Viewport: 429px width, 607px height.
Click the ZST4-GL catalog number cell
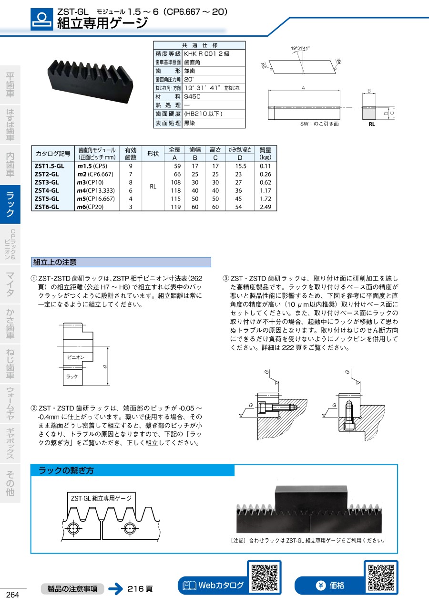click(x=47, y=190)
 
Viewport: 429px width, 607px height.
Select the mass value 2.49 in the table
click(x=265, y=207)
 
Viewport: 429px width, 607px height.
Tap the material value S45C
click(x=193, y=96)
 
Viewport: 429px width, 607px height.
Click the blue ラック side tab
click(x=10, y=204)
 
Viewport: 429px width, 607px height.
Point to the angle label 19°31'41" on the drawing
click(x=300, y=48)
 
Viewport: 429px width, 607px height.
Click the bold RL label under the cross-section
click(x=372, y=124)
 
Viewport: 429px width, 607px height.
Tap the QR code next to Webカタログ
click(x=264, y=577)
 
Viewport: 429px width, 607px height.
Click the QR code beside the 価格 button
click(x=381, y=577)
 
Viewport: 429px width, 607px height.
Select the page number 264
click(x=12, y=595)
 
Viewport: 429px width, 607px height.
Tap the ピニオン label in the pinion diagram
click(x=75, y=357)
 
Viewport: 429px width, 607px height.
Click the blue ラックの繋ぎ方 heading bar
click(x=133, y=471)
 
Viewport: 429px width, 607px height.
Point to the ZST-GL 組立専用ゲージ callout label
click(x=101, y=498)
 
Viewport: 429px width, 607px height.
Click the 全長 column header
click(x=174, y=149)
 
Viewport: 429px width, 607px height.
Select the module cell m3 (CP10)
click(x=92, y=182)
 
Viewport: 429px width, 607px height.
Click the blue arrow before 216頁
click(x=115, y=588)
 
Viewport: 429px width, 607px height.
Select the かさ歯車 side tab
click(x=10, y=324)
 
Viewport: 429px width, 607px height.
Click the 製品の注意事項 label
click(x=72, y=588)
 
